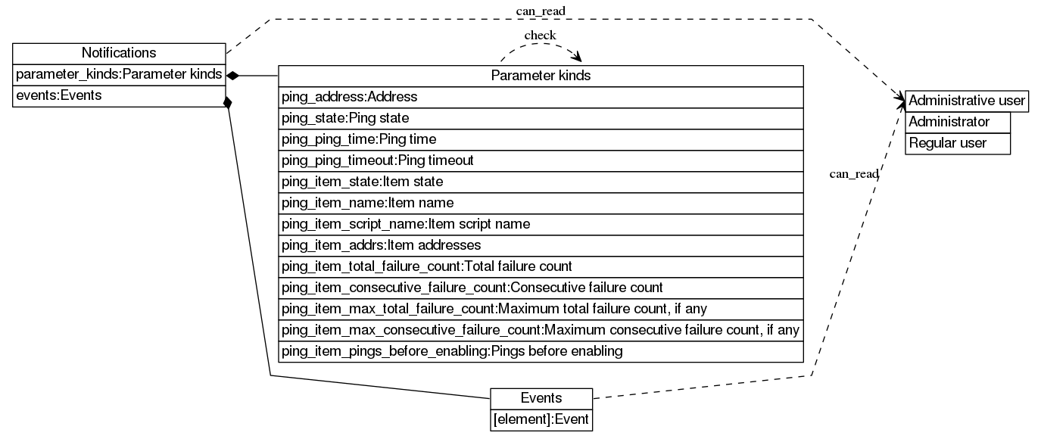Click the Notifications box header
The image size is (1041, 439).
[x=119, y=53]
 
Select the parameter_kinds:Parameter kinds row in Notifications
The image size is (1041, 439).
[x=119, y=74]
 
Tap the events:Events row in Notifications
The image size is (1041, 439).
[x=119, y=95]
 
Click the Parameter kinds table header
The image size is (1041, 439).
[x=541, y=76]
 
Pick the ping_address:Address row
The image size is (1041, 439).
[x=541, y=97]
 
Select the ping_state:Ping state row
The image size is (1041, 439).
[x=541, y=118]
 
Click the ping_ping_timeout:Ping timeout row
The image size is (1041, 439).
[x=541, y=160]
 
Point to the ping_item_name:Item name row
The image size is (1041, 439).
[x=541, y=203]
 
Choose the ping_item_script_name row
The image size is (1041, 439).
[x=541, y=224]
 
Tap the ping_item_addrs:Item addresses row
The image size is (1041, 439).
[x=541, y=245]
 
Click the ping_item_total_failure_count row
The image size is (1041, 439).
[x=541, y=266]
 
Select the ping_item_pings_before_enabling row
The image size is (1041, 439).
[x=541, y=351]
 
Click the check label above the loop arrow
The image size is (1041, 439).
[x=540, y=35]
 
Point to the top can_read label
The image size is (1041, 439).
[x=541, y=10]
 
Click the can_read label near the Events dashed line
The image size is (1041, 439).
[x=854, y=174]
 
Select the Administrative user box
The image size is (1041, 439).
[x=966, y=101]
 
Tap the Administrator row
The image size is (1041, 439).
[x=958, y=122]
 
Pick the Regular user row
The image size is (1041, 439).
[x=958, y=143]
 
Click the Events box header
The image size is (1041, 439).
[x=541, y=398]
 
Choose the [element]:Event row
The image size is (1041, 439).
[x=541, y=419]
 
